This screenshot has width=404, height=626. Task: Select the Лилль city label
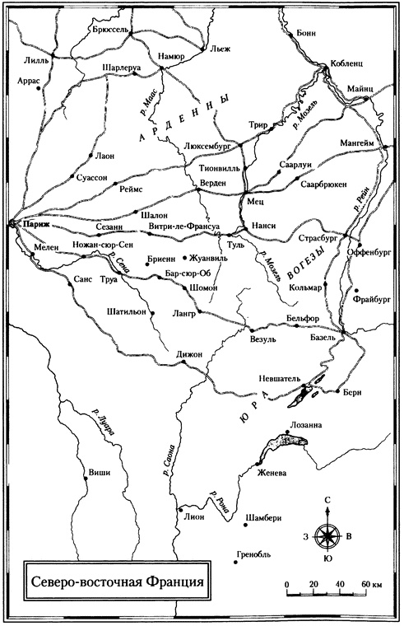click(38, 60)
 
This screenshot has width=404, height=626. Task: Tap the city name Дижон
click(188, 353)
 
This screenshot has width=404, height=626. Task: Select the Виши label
click(99, 473)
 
